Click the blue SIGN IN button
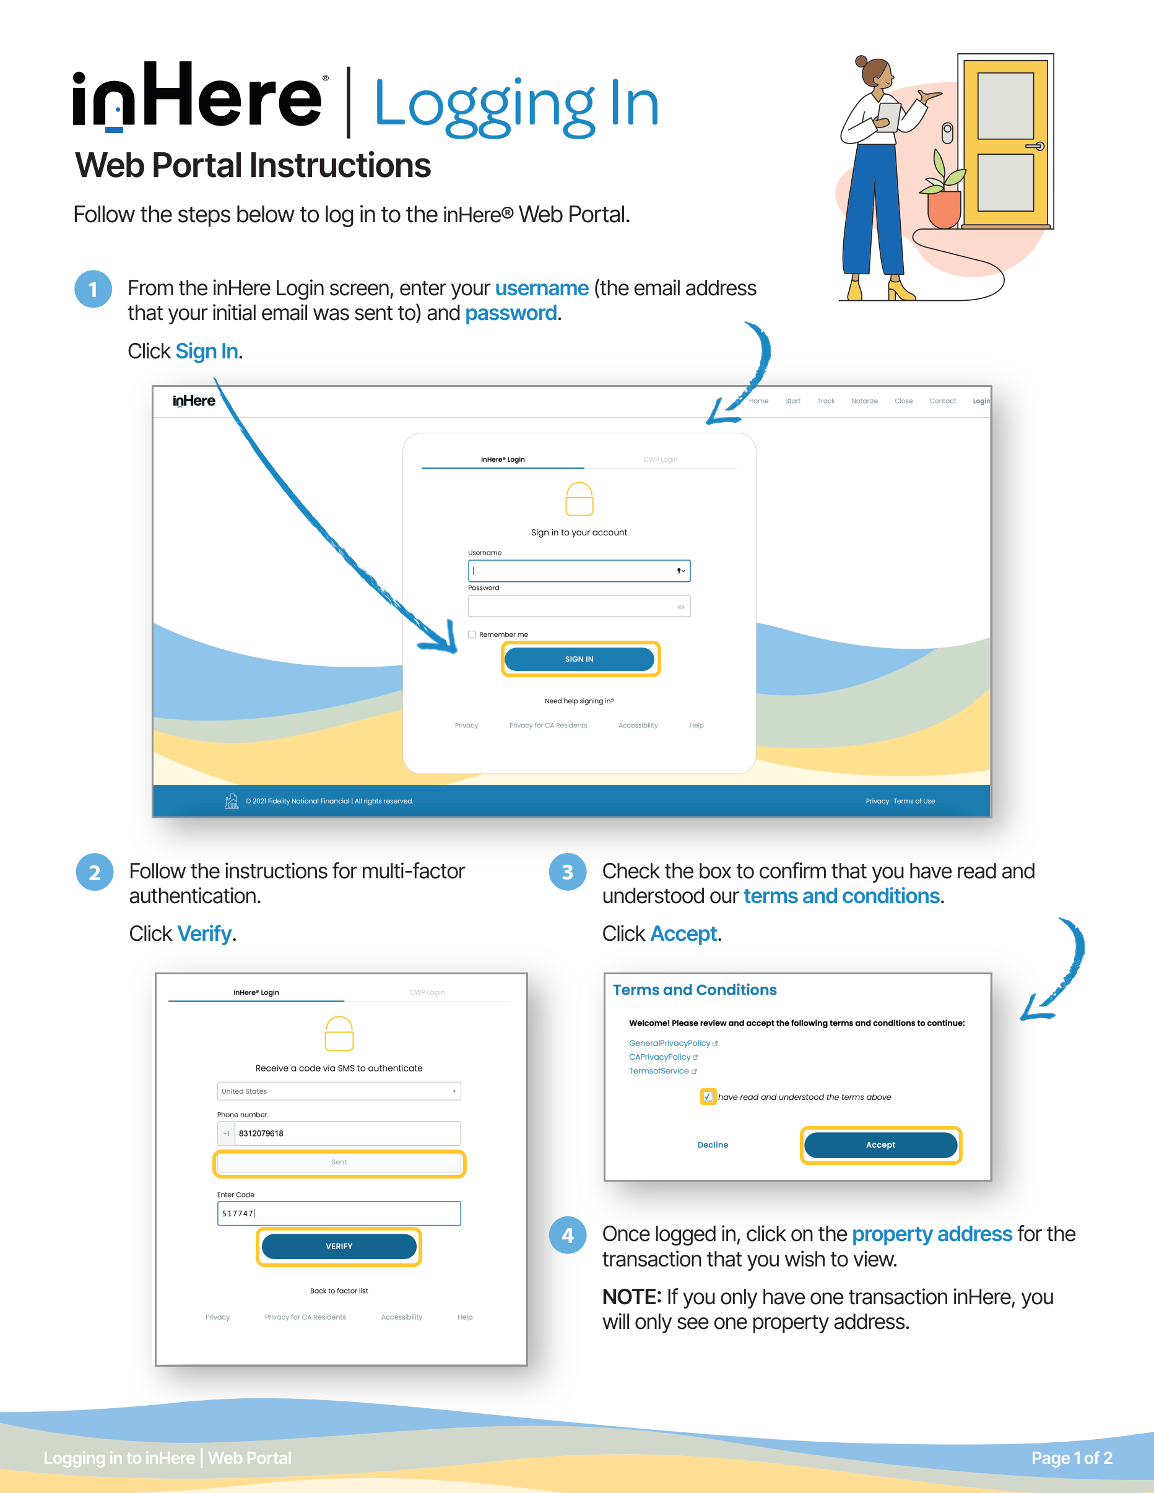[579, 659]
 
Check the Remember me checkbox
[472, 634]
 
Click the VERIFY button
[339, 1246]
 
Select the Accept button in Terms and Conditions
[880, 1145]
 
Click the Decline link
[713, 1145]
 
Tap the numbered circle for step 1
[93, 289]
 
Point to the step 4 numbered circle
[568, 1236]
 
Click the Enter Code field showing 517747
[339, 1213]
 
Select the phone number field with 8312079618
[347, 1133]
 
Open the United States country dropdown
[339, 1091]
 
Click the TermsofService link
[659, 1071]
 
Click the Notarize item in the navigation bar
[864, 401]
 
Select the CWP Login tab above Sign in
[661, 459]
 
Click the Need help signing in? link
[579, 701]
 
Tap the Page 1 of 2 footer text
[1071, 1458]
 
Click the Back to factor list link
[339, 1291]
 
